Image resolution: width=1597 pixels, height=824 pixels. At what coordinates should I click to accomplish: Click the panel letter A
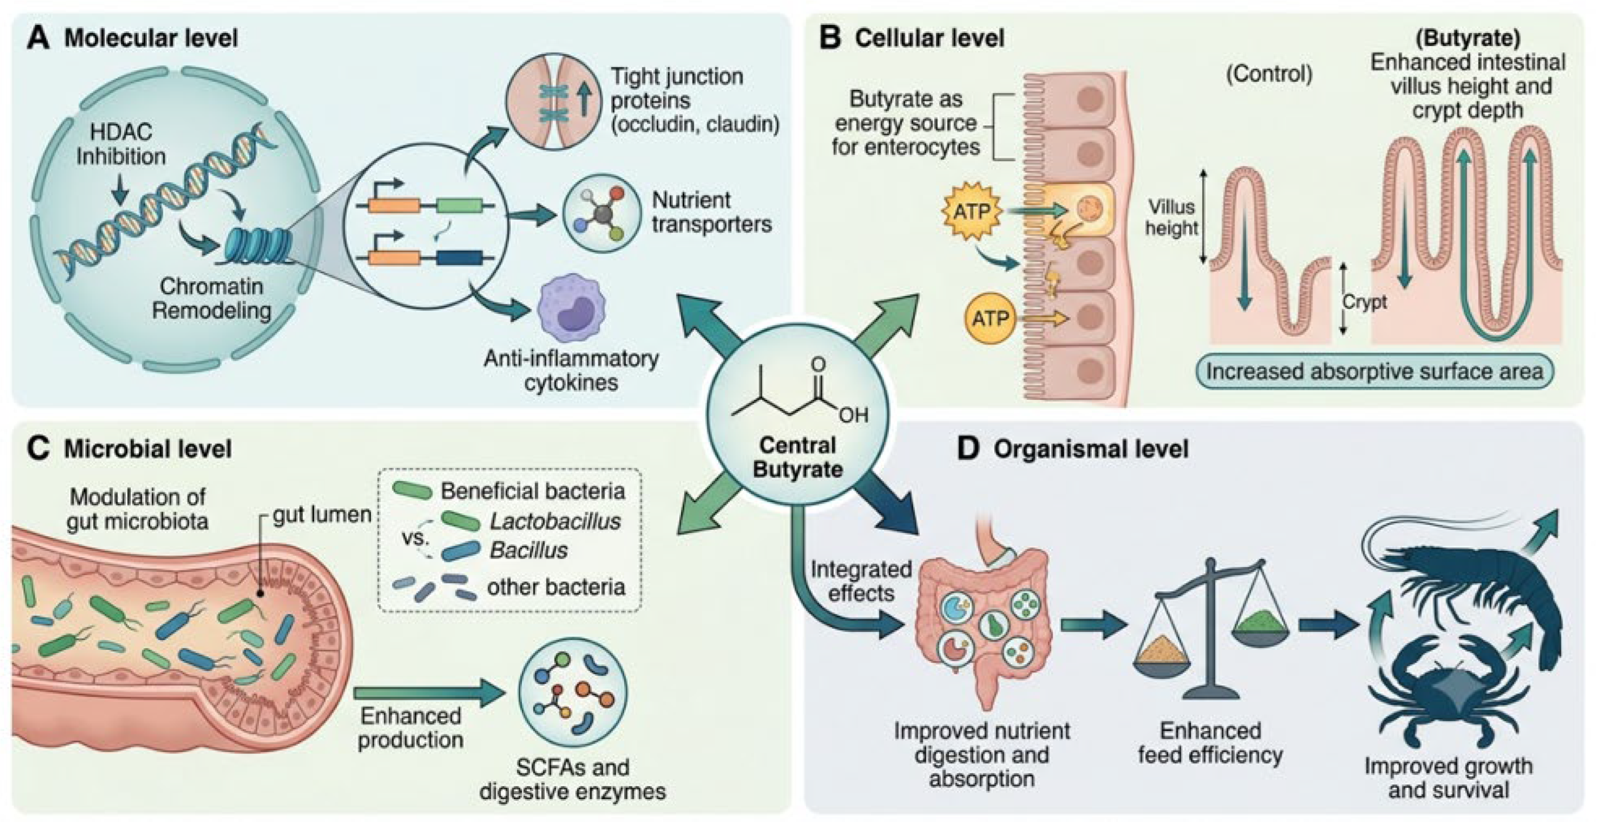click(x=38, y=38)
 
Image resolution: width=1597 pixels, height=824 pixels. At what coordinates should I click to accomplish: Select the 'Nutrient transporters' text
click(x=712, y=212)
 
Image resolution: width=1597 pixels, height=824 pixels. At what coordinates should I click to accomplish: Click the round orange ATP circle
click(x=990, y=319)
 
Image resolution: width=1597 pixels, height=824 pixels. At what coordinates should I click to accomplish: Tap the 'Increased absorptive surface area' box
click(x=1374, y=371)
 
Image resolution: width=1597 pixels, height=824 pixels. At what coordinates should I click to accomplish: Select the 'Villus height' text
click(x=1171, y=217)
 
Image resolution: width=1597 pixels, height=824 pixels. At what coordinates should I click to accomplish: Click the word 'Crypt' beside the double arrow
click(x=1365, y=302)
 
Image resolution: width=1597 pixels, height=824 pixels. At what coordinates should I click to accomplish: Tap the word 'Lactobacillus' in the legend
click(x=555, y=521)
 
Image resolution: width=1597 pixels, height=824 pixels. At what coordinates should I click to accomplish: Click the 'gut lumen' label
click(x=322, y=514)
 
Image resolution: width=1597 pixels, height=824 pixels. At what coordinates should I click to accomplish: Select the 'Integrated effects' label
click(x=861, y=581)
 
